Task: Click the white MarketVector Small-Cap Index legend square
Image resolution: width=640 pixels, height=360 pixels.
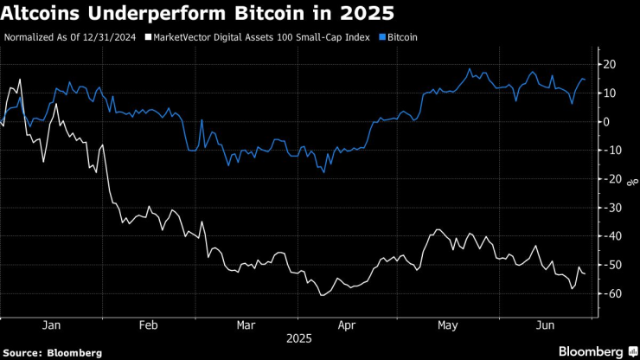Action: tap(148, 38)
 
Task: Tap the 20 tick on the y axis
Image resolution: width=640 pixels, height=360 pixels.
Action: tap(609, 64)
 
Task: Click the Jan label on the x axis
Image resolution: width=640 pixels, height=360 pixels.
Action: tap(51, 325)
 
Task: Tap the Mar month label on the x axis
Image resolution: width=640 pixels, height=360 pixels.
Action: tap(246, 325)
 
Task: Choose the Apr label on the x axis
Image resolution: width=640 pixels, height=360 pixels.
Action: tap(347, 325)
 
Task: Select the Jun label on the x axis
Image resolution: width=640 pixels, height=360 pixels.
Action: tap(545, 325)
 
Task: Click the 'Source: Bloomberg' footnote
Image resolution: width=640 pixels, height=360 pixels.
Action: tap(53, 352)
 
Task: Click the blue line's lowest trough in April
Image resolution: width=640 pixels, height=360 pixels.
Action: tap(324, 172)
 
